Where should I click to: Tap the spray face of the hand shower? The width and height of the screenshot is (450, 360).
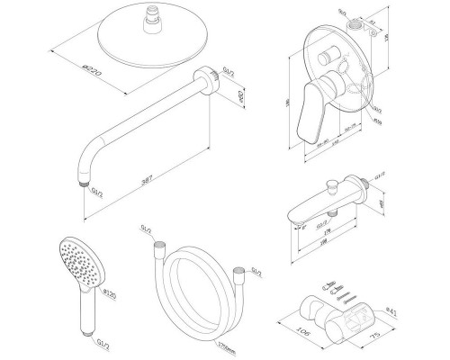(x=73, y=256)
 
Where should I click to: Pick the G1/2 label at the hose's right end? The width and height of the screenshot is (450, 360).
(x=256, y=271)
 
